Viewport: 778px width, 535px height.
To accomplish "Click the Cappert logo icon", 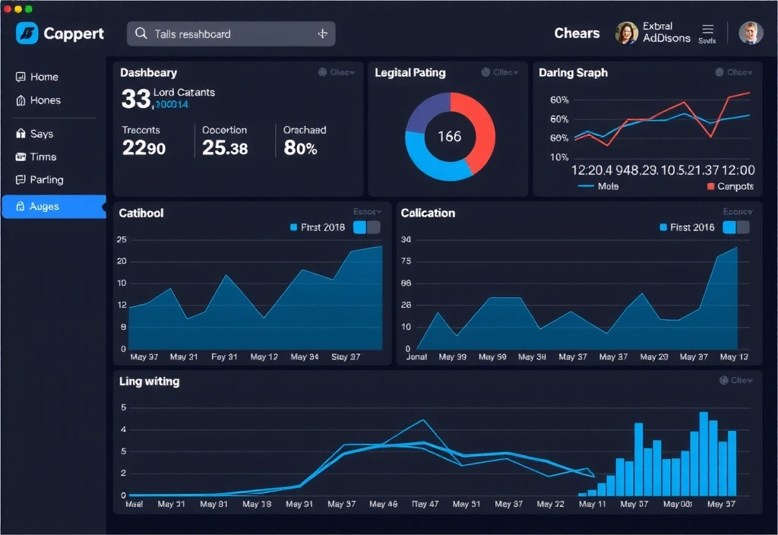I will tap(27, 33).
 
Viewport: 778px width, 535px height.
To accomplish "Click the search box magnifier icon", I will tap(141, 33).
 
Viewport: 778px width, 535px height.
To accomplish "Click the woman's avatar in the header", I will tap(626, 33).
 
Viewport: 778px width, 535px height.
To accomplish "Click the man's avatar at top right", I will tap(750, 33).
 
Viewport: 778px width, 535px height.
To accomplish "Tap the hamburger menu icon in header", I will tap(707, 30).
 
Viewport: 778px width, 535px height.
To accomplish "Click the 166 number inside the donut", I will tap(449, 137).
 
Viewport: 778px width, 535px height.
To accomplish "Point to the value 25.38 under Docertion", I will tap(225, 148).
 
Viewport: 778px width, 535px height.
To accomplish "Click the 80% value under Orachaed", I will tap(300, 148).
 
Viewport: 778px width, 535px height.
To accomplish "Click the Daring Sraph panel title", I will tap(573, 73).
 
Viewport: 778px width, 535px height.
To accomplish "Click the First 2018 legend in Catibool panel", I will tap(317, 227).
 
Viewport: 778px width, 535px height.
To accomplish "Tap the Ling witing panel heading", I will tap(150, 381).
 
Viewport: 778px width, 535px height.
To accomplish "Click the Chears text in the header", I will tap(577, 33).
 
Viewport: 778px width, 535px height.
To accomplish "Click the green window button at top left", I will tap(29, 8).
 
